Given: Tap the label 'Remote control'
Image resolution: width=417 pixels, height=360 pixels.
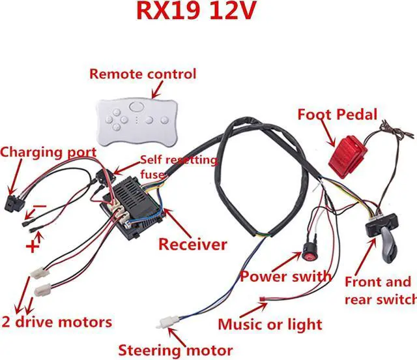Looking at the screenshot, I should [x=143, y=74].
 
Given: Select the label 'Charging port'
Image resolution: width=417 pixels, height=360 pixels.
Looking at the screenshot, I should [x=48, y=153].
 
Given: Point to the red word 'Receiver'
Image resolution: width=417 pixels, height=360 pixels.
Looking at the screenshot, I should [x=193, y=245].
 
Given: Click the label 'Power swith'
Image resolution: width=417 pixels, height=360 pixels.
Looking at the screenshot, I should [x=286, y=276].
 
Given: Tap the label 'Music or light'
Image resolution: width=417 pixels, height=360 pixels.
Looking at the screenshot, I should [x=270, y=324].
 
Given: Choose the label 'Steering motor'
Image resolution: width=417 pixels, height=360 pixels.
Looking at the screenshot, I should [x=175, y=350].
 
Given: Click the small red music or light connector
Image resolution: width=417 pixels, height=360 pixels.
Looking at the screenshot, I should [x=263, y=300].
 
